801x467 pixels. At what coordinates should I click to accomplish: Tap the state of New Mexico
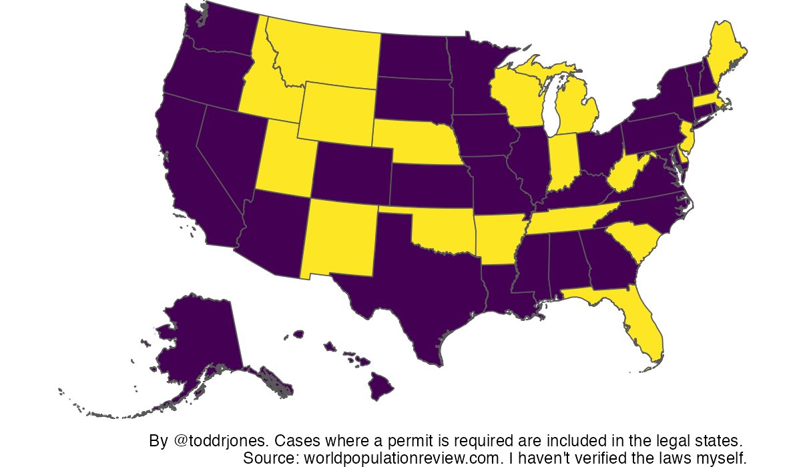click(x=340, y=237)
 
